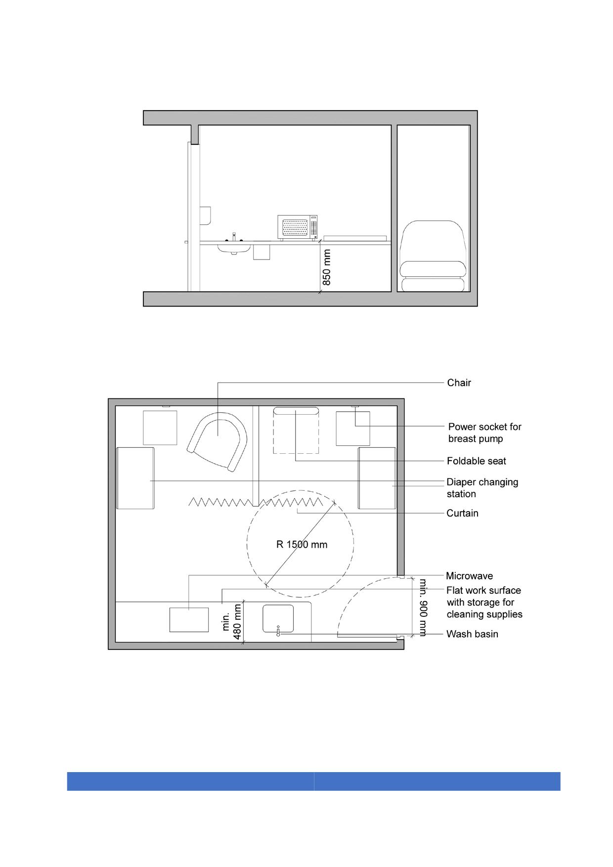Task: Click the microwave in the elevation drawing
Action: tap(297, 227)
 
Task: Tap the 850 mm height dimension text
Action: tap(327, 267)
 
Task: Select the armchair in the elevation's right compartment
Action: tap(433, 256)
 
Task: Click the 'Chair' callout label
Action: tap(459, 383)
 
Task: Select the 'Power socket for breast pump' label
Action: tap(484, 433)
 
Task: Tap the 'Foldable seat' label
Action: tap(477, 461)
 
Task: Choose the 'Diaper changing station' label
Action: tap(482, 488)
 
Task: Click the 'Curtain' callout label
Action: tap(462, 513)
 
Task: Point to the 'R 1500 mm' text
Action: tap(302, 545)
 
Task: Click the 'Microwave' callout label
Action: tap(469, 576)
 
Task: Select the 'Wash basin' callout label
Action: tap(472, 634)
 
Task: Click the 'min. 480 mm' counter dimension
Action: tap(232, 621)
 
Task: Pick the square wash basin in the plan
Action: tap(278, 619)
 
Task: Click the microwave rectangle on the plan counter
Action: tap(189, 620)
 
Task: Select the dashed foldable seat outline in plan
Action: tap(296, 430)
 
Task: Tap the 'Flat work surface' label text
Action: tap(483, 590)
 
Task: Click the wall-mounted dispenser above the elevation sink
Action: tap(205, 215)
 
